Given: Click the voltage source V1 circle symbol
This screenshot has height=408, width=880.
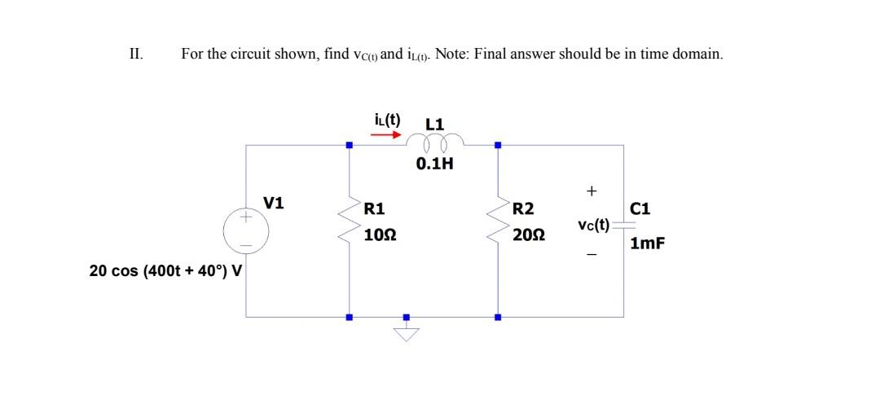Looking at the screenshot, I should point(246,230).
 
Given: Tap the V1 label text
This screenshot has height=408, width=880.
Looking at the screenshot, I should point(275,203).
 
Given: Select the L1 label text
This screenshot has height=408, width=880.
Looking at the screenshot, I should point(435,124).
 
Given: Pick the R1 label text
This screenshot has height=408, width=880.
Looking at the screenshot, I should point(375,208).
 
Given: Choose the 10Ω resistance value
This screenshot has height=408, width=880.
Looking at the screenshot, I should point(380,235).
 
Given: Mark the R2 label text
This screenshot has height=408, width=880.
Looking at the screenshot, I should point(523,208).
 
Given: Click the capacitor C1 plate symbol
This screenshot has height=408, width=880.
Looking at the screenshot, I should point(624,228).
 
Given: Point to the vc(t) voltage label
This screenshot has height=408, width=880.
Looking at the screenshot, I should point(592,224).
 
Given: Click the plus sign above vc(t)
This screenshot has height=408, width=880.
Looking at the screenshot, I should point(592,191).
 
